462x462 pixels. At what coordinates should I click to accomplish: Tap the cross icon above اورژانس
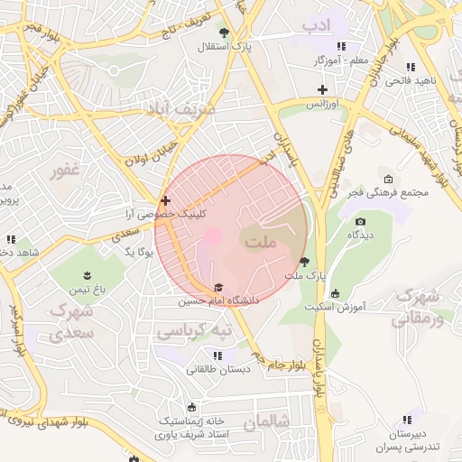point(322,88)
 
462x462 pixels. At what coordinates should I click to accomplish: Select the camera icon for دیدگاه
point(361,221)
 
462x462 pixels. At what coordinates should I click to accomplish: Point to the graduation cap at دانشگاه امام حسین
point(217,287)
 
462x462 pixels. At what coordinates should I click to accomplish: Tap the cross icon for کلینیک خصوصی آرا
point(165,200)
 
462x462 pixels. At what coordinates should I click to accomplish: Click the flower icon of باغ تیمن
point(88,275)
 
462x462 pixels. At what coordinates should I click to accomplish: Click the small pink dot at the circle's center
point(213,236)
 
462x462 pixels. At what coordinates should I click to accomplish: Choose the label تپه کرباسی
point(195,332)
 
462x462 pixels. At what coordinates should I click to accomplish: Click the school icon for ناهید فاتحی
point(411,67)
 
